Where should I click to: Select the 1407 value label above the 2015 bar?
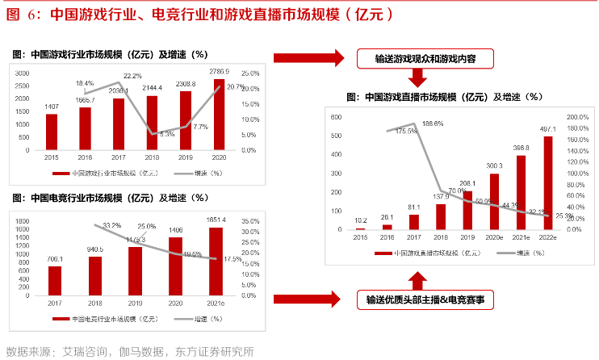pyautogui.click(x=51, y=107)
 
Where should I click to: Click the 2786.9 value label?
pyautogui.click(x=220, y=72)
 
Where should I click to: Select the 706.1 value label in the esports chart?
pyautogui.click(x=54, y=259)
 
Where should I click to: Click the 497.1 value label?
pyautogui.click(x=548, y=128)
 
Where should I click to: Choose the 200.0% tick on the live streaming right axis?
pyautogui.click(x=577, y=116)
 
